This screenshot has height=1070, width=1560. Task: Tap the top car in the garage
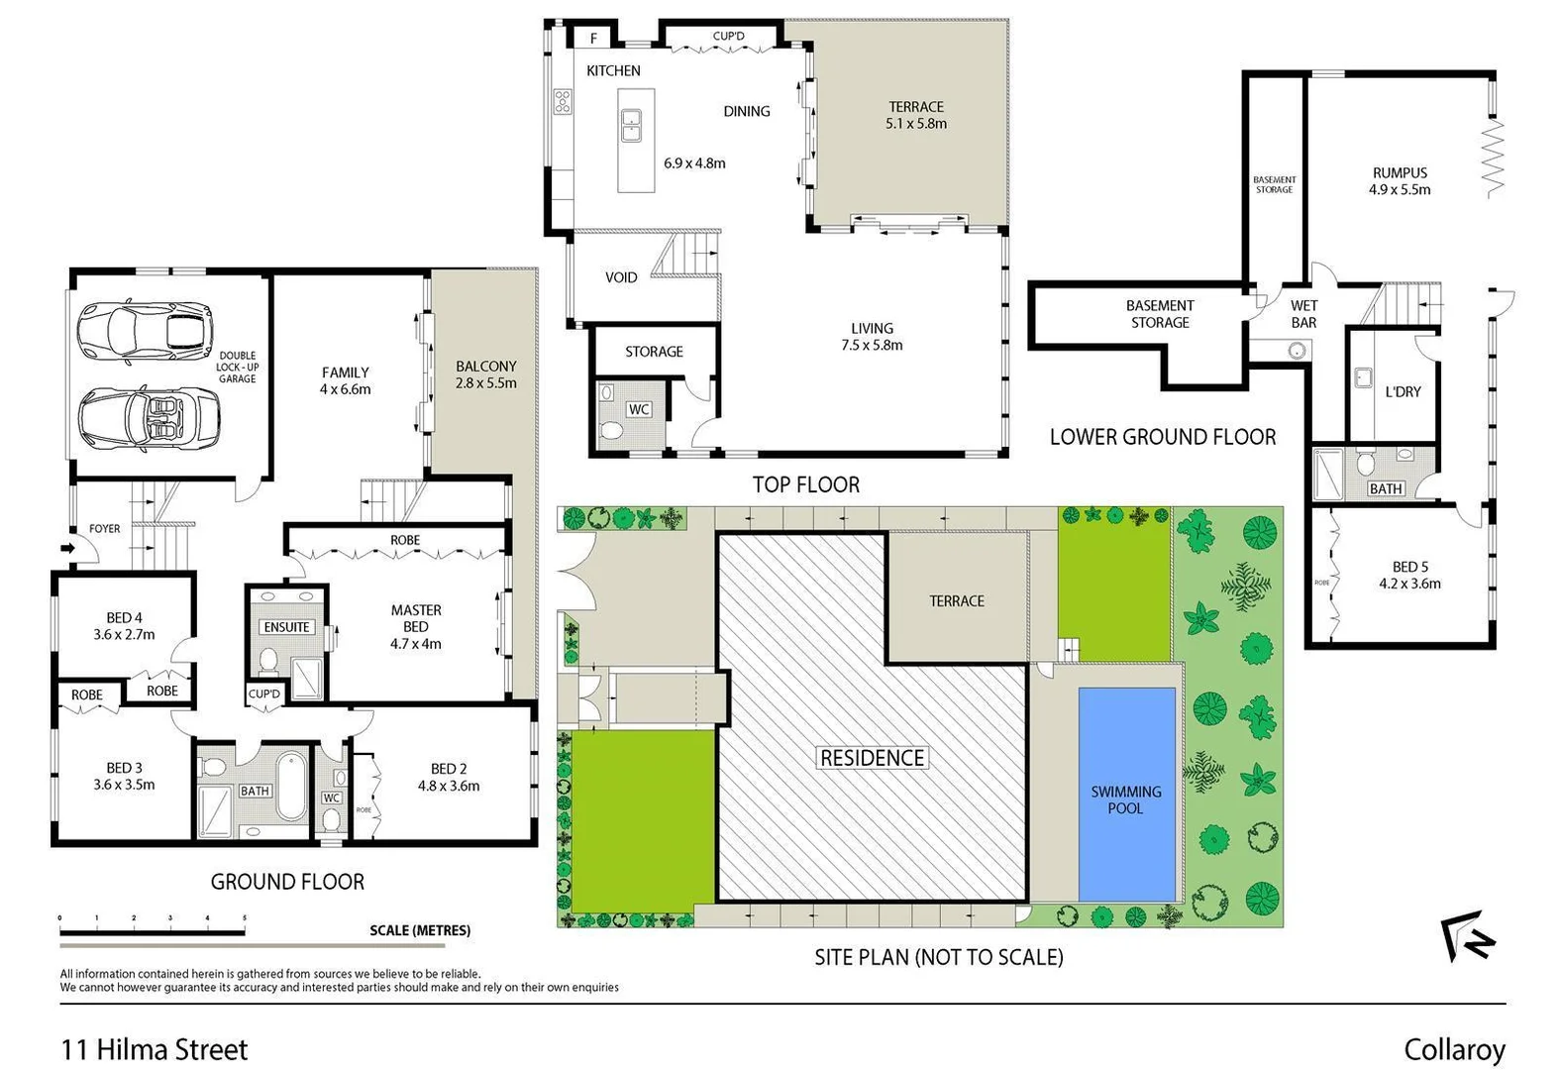[x=146, y=330]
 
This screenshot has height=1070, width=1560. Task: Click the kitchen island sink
[x=630, y=126]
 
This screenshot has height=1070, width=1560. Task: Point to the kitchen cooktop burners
[x=562, y=101]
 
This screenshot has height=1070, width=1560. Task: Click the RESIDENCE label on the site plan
[x=872, y=758]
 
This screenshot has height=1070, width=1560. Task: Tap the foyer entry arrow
[x=67, y=547]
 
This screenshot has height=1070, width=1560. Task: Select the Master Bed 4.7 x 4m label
[x=416, y=627]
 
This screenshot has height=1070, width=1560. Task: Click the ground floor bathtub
[x=292, y=787]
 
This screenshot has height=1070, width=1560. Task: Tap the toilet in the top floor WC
[x=611, y=429]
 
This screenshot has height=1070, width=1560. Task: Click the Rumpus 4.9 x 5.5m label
[x=1400, y=181]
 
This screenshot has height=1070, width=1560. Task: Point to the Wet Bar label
[x=1303, y=314]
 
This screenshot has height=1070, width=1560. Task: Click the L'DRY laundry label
[x=1403, y=392]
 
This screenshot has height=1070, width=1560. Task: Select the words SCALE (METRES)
[x=420, y=930]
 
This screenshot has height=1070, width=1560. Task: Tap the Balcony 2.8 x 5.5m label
[x=485, y=374]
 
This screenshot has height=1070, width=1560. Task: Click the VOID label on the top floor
[x=621, y=277]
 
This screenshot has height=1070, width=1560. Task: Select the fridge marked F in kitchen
[x=594, y=39]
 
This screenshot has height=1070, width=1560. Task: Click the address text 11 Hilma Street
[x=155, y=1050]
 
